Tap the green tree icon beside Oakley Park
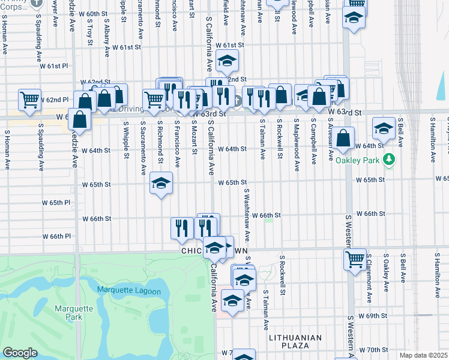click(x=390, y=160)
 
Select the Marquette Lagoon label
click(x=129, y=292)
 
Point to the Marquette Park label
click(x=74, y=313)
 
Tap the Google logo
click(x=20, y=353)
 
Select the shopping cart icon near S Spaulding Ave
click(x=29, y=99)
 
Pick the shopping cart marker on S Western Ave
click(x=355, y=259)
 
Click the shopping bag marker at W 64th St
click(x=344, y=137)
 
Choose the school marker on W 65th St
click(x=161, y=184)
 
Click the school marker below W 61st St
click(x=227, y=60)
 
